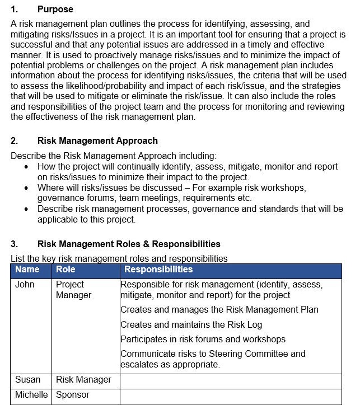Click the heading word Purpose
55,9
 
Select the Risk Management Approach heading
97,141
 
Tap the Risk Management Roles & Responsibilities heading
129,244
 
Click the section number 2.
14,141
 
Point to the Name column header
27,269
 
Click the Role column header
65,269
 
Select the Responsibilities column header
158,269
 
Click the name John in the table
25,284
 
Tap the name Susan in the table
28,380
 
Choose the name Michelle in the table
31,395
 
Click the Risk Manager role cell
83,380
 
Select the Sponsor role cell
72,395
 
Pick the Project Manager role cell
73,290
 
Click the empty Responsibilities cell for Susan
231,381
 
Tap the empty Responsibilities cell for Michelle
231,396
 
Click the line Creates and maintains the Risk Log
191,325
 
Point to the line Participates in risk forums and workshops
203,339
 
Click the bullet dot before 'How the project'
26,167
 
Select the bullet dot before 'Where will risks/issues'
26,188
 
